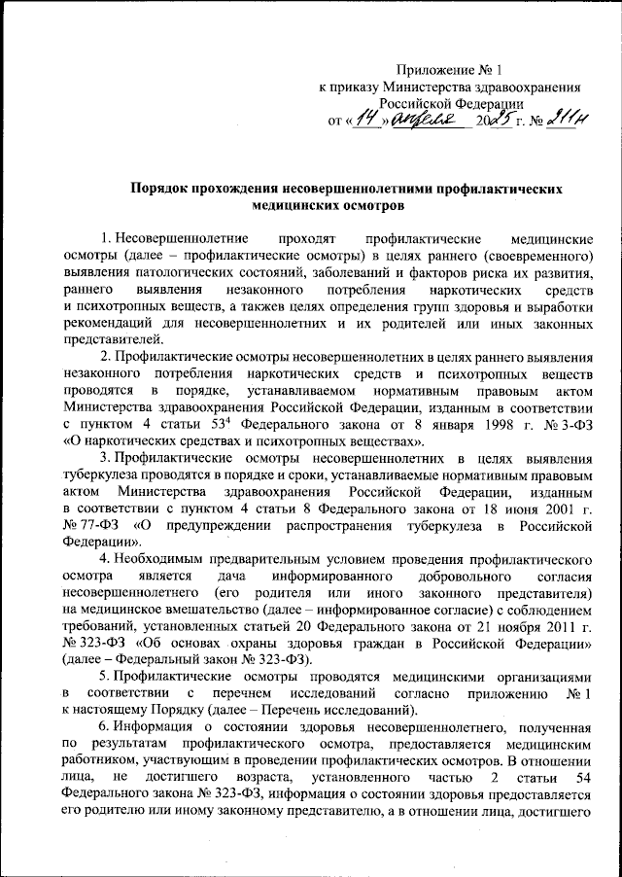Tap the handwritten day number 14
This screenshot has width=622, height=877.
click(x=364, y=121)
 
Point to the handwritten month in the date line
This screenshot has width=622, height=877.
click(x=424, y=121)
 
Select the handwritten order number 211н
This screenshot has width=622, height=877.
click(x=570, y=120)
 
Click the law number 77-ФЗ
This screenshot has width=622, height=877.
click(x=95, y=527)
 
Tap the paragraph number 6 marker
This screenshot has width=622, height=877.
click(x=106, y=731)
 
